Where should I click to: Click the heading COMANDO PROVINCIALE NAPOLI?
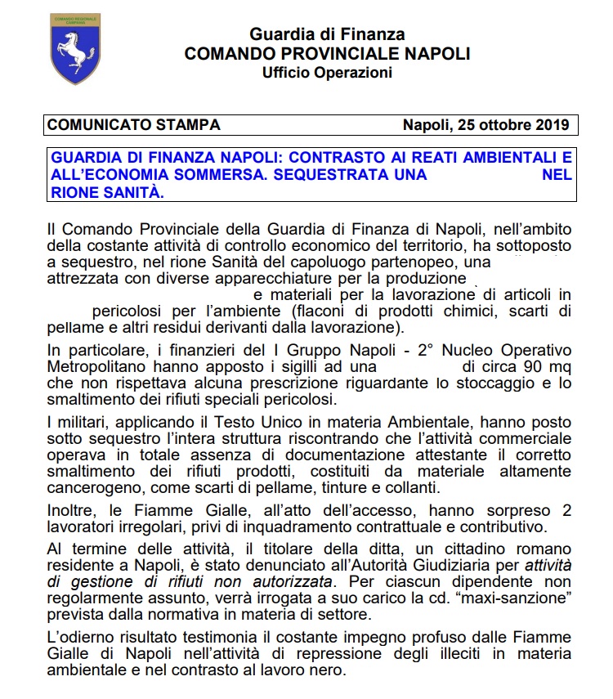pyautogui.click(x=327, y=54)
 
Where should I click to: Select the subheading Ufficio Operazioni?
pyautogui.click(x=327, y=73)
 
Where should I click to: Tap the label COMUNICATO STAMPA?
pyautogui.click(x=134, y=125)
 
